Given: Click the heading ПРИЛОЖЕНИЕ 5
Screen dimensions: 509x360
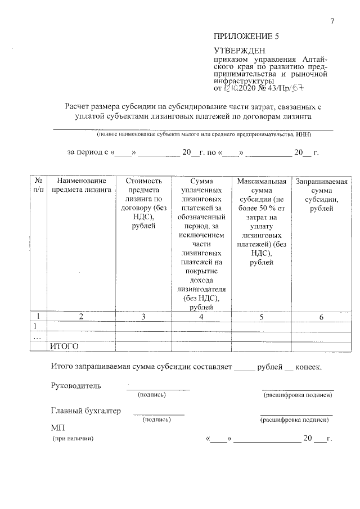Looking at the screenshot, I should (246, 37).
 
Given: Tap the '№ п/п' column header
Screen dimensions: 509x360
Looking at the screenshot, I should (38, 185).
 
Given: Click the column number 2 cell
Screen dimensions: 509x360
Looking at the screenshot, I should (81, 317).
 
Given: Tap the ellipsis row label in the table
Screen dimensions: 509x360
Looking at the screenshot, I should (38, 337).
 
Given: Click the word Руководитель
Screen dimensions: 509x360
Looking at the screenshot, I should (76, 386).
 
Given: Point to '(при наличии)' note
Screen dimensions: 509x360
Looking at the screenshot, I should (73, 438).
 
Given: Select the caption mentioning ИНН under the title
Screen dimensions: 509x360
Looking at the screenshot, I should (203, 135).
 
